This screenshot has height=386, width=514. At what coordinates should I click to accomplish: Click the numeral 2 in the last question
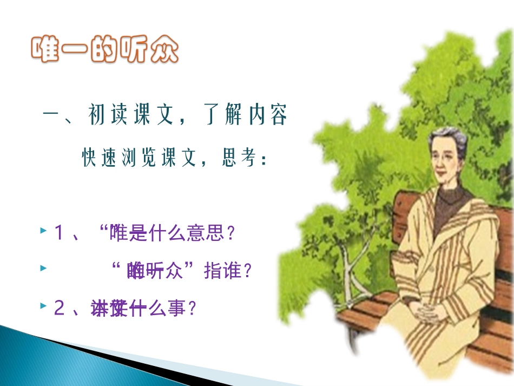coord(59,309)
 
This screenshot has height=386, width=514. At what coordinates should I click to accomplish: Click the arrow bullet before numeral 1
coord(43,231)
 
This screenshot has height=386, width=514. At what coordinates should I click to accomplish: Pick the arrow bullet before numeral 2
coord(43,306)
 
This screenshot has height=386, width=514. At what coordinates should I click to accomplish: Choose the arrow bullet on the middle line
coord(43,267)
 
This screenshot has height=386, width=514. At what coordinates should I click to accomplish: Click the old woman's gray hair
coord(444,139)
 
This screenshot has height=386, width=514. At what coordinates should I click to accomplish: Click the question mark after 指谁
coord(248,271)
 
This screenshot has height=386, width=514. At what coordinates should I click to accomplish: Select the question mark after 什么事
coord(189,309)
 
